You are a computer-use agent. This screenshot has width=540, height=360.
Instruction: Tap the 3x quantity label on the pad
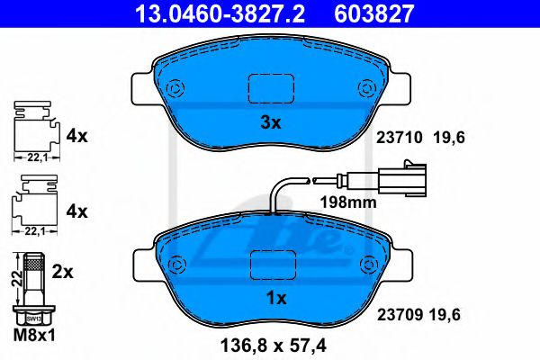point(270,122)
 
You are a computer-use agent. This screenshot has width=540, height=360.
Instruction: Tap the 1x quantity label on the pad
point(276,297)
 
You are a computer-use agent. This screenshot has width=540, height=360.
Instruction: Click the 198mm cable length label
point(348,202)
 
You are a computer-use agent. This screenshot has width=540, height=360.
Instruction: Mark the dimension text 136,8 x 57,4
point(274,344)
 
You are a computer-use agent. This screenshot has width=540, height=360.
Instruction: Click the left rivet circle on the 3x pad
point(175,89)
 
